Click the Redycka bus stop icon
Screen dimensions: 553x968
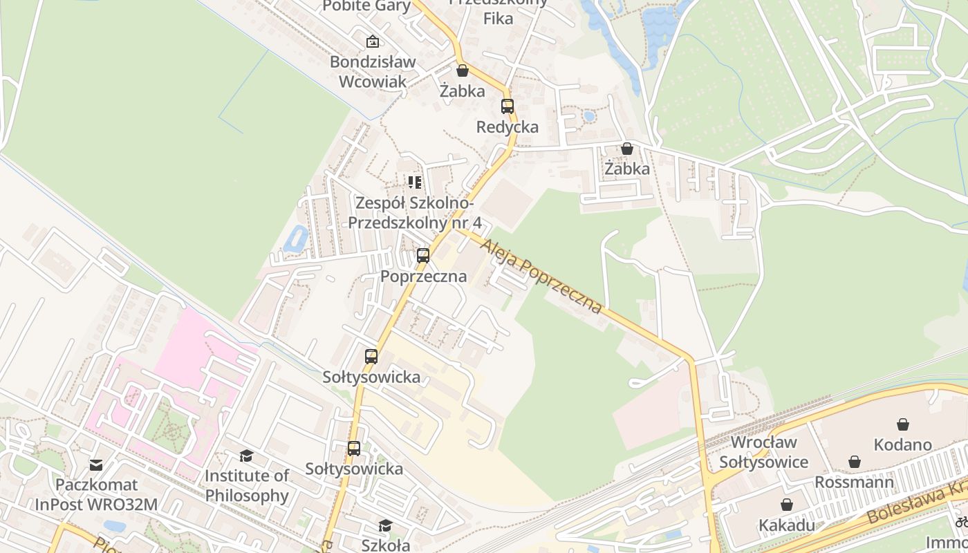click(x=508, y=106)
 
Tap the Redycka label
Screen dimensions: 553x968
click(x=508, y=127)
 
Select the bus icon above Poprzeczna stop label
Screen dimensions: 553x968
click(x=423, y=256)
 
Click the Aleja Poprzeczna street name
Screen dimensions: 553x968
click(x=541, y=276)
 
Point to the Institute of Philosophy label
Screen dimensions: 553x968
click(x=247, y=486)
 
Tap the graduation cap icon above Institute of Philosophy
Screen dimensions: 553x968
click(x=246, y=456)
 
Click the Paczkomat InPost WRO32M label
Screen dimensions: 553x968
click(x=96, y=495)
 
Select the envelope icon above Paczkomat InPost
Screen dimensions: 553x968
click(x=96, y=465)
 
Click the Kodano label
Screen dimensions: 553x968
click(x=902, y=444)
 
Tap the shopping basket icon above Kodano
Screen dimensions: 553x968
click(x=902, y=424)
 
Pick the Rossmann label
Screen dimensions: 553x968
click(x=854, y=482)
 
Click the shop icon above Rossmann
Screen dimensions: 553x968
click(x=855, y=461)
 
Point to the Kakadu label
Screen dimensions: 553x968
click(x=787, y=525)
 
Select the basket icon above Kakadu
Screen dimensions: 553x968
click(x=786, y=505)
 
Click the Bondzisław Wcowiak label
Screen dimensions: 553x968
click(x=373, y=71)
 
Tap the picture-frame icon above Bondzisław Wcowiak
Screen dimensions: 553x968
click(x=373, y=41)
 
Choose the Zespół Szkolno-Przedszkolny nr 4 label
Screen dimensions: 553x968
click(x=414, y=213)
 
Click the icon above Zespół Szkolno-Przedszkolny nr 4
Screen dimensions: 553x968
click(x=414, y=182)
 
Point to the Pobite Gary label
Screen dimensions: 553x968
click(x=367, y=6)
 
